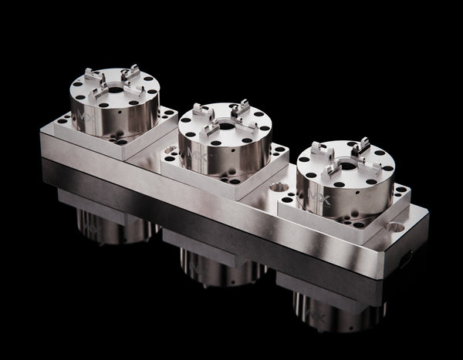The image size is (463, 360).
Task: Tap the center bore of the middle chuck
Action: click(x=226, y=125)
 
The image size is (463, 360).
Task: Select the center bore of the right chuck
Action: click(x=349, y=164)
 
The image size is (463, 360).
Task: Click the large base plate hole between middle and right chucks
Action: click(x=279, y=187)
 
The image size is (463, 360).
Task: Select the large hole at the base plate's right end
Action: click(x=396, y=227)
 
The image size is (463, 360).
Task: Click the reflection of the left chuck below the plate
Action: click(x=108, y=224)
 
